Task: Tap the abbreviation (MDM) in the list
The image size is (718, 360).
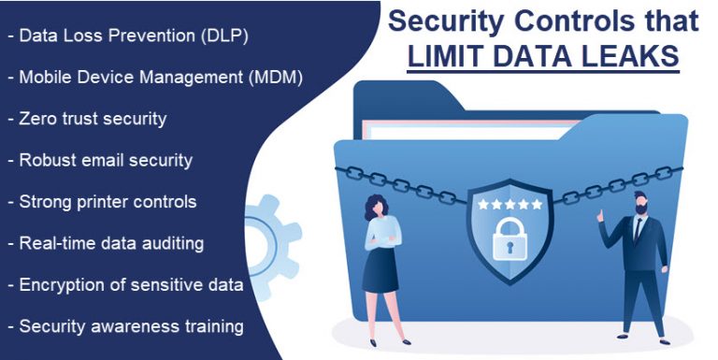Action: coord(275,78)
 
